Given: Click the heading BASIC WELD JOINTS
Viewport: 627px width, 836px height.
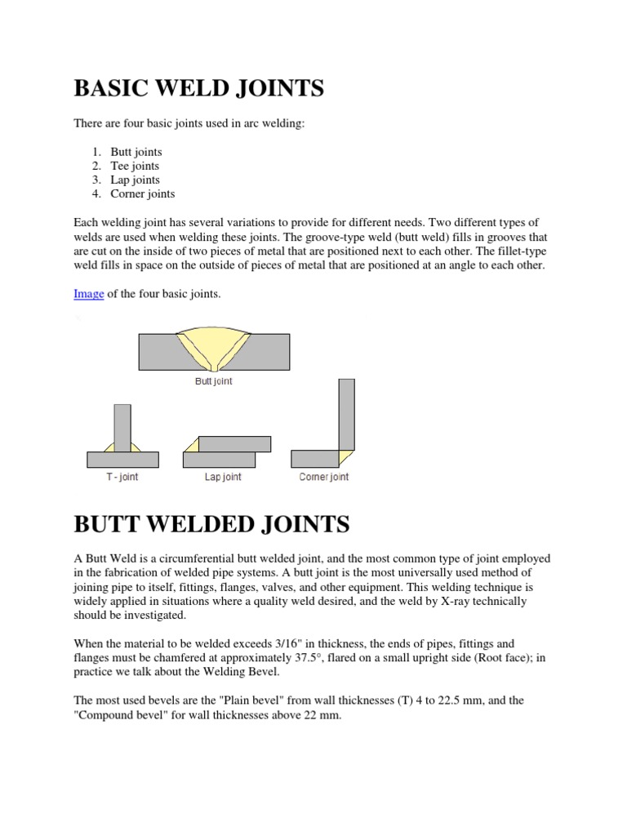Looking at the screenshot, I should point(198,88).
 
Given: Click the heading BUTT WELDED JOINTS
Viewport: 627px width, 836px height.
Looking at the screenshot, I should point(211,523).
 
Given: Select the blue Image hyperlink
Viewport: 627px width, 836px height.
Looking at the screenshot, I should point(88,294).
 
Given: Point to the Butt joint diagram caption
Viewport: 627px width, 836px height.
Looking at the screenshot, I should point(214,381).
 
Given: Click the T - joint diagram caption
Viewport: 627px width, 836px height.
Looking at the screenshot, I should point(122,477).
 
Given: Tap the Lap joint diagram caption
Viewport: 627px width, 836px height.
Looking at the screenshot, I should point(223,477).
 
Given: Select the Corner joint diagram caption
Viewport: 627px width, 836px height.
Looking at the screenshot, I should point(323,477).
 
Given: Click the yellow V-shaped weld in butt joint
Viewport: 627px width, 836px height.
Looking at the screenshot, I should point(214,347).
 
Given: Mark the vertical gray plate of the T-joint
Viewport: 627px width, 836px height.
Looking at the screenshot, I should point(122,428).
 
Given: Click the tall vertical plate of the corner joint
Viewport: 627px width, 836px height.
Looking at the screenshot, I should point(346,412).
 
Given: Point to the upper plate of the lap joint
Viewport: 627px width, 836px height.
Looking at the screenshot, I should point(234,443).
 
